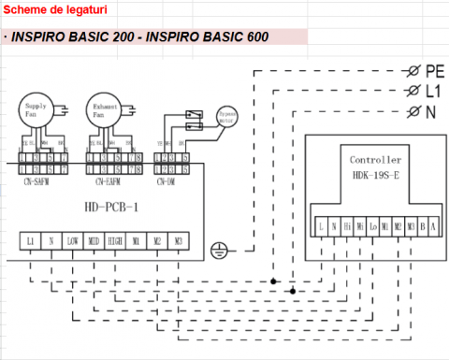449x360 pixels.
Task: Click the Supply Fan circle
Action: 41,111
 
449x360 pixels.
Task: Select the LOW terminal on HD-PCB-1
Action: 74,241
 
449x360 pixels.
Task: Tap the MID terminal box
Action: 94,241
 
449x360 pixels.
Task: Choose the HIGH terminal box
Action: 116,241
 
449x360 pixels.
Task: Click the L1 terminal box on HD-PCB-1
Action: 31,241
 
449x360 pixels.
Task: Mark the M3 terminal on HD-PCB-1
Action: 178,241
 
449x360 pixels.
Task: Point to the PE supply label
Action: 434,71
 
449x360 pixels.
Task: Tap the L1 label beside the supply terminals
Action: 432,92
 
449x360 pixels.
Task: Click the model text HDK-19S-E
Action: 375,174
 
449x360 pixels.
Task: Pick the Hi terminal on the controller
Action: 347,225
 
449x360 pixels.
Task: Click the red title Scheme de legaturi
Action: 43,8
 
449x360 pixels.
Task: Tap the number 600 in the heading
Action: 253,37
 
